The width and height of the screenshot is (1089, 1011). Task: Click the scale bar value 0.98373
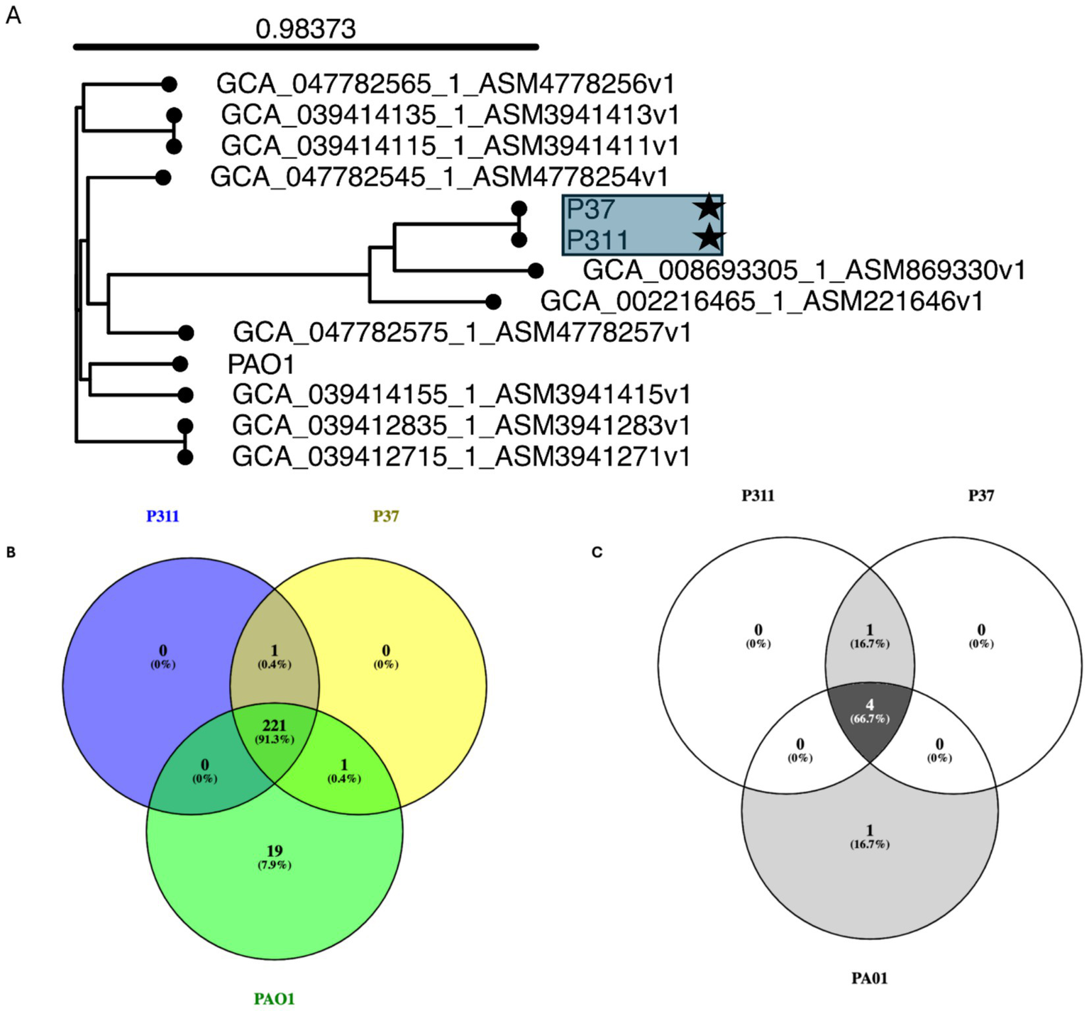(305, 29)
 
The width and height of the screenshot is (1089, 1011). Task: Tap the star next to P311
(708, 238)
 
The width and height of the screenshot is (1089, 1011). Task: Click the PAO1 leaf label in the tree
(260, 364)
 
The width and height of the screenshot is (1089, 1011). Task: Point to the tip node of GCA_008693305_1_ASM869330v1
(536, 270)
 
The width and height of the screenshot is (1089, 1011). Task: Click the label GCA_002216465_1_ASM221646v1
(761, 302)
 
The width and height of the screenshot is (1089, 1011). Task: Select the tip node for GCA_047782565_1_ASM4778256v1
(169, 84)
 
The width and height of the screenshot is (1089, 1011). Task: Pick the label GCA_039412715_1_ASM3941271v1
(460, 456)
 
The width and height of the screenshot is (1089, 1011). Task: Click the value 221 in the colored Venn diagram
(275, 725)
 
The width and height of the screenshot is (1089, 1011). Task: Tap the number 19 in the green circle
(275, 851)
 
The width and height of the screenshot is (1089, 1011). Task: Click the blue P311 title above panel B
(162, 516)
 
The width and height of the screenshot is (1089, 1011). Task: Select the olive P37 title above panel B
(386, 516)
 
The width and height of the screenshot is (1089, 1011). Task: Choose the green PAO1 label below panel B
(275, 999)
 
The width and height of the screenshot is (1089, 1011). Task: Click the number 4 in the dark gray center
(870, 705)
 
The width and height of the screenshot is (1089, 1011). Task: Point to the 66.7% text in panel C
(870, 719)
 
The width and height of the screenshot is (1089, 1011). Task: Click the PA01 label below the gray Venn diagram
(870, 978)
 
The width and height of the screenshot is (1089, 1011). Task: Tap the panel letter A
(13, 16)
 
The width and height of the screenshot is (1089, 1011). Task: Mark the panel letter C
(597, 552)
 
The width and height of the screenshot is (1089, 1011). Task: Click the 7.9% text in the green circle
(275, 865)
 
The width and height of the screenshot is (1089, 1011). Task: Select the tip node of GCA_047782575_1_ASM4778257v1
(186, 333)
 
